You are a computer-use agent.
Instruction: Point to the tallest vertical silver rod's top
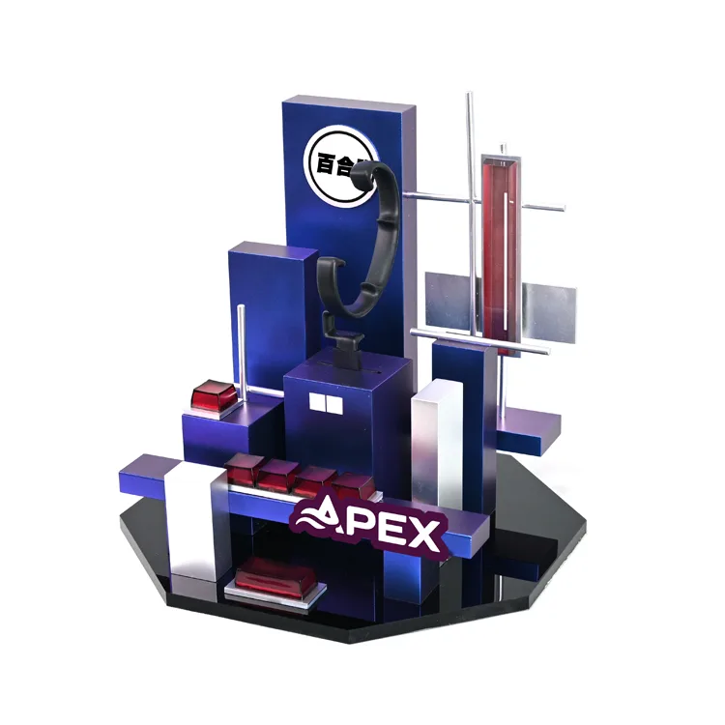point(470,97)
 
